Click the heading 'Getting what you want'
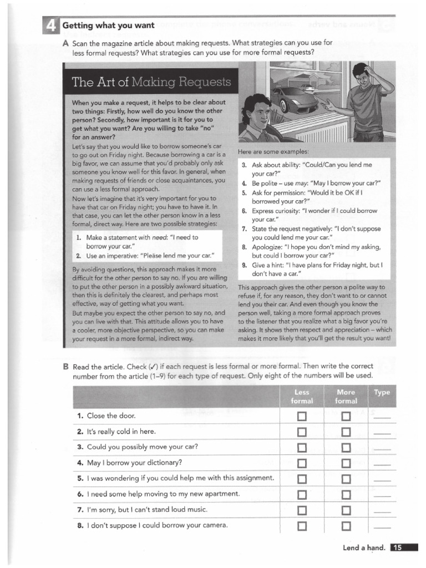[108, 26]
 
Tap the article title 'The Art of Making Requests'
[151, 83]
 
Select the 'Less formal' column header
[302, 396]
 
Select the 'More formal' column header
[346, 396]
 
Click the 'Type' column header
[382, 392]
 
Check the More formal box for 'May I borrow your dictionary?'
[346, 463]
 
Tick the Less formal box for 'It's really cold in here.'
[302, 432]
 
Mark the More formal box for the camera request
[346, 525]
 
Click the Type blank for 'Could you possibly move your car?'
[382, 448]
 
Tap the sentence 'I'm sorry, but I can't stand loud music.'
[146, 509]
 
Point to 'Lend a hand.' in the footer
[363, 548]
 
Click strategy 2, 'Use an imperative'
[145, 256]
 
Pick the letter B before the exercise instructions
[66, 367]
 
